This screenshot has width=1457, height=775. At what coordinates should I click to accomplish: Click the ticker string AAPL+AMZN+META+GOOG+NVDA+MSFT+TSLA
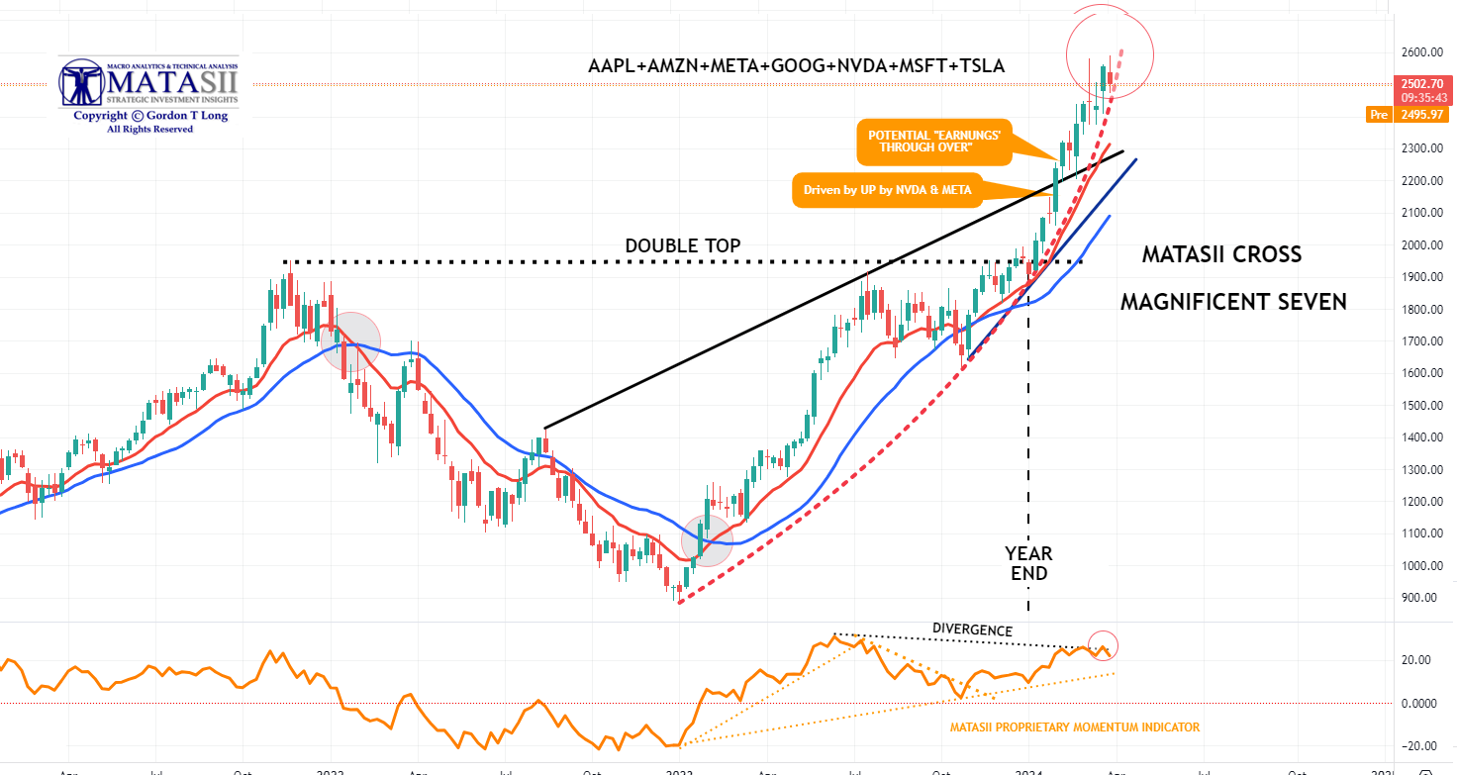pyautogui.click(x=796, y=66)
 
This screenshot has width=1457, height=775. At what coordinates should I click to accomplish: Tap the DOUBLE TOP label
pyautogui.click(x=682, y=245)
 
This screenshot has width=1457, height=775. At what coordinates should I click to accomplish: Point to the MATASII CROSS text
pyautogui.click(x=1221, y=254)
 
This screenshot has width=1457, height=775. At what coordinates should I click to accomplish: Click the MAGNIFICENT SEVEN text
pyautogui.click(x=1233, y=302)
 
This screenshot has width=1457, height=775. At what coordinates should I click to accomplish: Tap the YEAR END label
pyautogui.click(x=1028, y=562)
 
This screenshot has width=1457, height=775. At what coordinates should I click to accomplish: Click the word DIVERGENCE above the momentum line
pyautogui.click(x=972, y=630)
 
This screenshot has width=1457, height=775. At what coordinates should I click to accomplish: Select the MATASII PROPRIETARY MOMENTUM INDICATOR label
pyautogui.click(x=1074, y=727)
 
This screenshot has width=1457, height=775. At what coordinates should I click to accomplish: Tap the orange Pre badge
pyautogui.click(x=1378, y=116)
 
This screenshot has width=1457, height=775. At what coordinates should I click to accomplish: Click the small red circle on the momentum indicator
pyautogui.click(x=1102, y=645)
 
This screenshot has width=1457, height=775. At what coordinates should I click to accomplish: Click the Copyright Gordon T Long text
pyautogui.click(x=149, y=116)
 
